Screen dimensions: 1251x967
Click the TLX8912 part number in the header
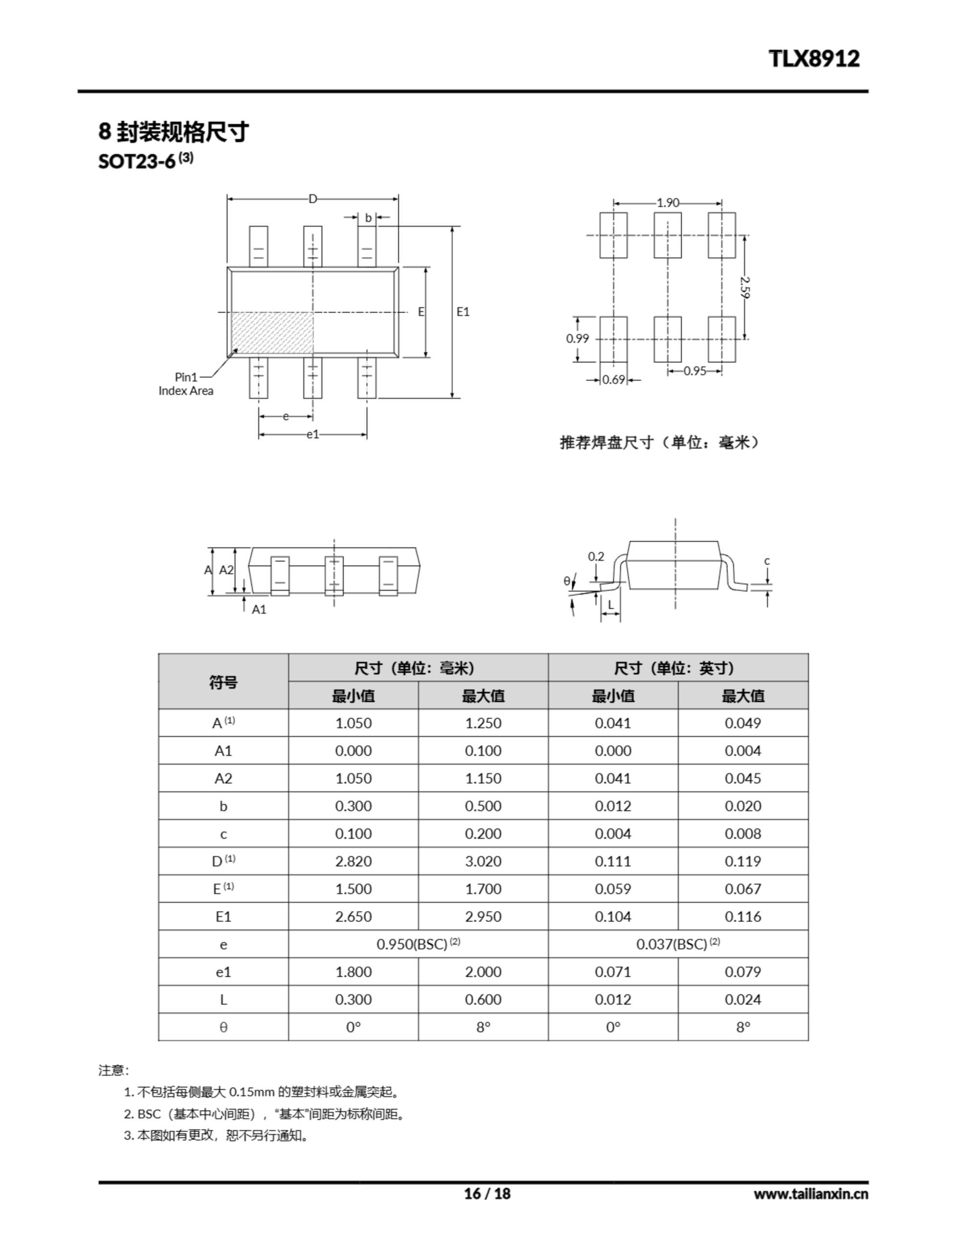tap(813, 59)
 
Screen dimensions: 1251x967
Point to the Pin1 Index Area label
tap(186, 384)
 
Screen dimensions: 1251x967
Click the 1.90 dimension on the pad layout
tap(667, 203)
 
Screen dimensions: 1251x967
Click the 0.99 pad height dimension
tap(577, 339)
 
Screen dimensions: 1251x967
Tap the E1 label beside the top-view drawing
tap(462, 312)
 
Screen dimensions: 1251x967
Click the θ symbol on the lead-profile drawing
tap(567, 581)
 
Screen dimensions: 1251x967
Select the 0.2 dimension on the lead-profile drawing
tap(595, 556)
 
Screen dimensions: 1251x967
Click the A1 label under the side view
tap(259, 609)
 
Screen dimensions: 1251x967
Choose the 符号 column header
tap(223, 682)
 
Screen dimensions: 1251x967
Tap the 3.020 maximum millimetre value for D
tap(483, 861)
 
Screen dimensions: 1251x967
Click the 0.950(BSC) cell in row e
tap(418, 944)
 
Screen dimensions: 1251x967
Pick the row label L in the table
tap(223, 999)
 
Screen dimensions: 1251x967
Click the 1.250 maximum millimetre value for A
tap(483, 723)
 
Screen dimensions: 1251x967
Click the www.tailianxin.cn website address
tap(810, 1194)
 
